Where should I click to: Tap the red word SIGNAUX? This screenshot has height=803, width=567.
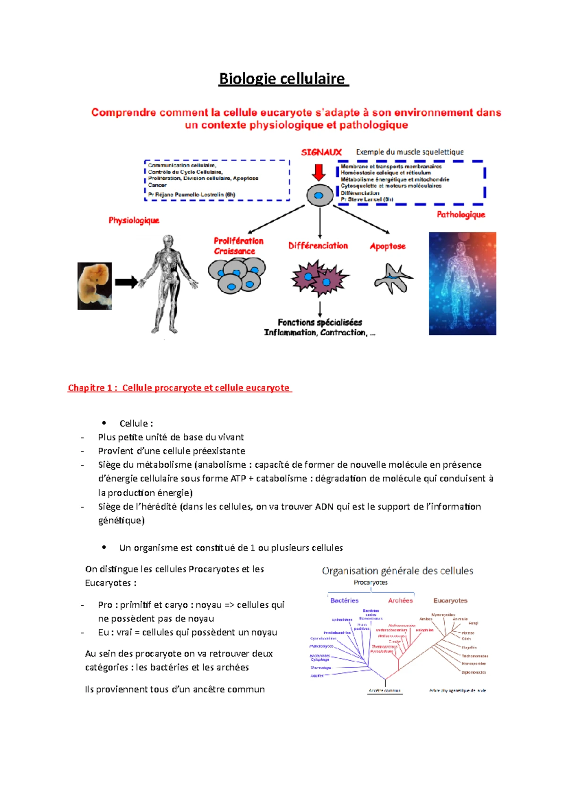[321, 152]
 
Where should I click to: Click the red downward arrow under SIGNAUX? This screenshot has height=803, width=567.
[319, 173]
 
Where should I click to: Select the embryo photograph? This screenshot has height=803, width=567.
[94, 286]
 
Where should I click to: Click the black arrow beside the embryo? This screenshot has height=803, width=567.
[126, 282]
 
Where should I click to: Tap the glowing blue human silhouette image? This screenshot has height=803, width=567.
[462, 283]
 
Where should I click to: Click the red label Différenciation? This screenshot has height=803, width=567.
[318, 246]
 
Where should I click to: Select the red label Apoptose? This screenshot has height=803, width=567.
[387, 246]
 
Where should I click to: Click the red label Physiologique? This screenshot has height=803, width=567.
[134, 220]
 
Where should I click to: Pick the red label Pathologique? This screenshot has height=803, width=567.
[461, 215]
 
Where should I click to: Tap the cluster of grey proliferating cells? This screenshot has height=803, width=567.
[237, 275]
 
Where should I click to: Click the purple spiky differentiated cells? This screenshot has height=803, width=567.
[319, 278]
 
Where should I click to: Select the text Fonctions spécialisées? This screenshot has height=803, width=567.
[320, 323]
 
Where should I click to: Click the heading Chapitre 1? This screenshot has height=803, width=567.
[180, 388]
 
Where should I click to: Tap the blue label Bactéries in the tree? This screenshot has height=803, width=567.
[344, 601]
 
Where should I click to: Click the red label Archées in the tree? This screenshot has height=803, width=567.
[400, 601]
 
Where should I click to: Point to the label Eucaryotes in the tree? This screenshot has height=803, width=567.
[450, 601]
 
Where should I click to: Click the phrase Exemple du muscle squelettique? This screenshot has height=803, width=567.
[410, 152]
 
